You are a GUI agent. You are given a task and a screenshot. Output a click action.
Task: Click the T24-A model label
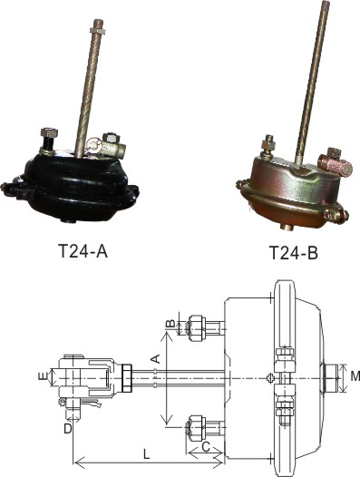(x=83, y=251)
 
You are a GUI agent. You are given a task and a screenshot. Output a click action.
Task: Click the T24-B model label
(x=294, y=253)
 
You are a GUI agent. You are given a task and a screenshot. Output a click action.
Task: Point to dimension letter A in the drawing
(x=155, y=359)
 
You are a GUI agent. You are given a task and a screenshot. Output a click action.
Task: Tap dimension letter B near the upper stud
(x=171, y=323)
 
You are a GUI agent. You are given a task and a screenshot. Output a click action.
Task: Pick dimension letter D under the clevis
(x=68, y=429)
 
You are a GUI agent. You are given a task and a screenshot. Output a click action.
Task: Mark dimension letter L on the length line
(x=147, y=454)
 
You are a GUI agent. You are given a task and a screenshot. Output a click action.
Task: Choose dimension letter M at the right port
(x=355, y=376)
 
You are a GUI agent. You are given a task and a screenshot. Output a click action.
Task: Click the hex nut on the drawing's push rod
(x=127, y=378)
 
